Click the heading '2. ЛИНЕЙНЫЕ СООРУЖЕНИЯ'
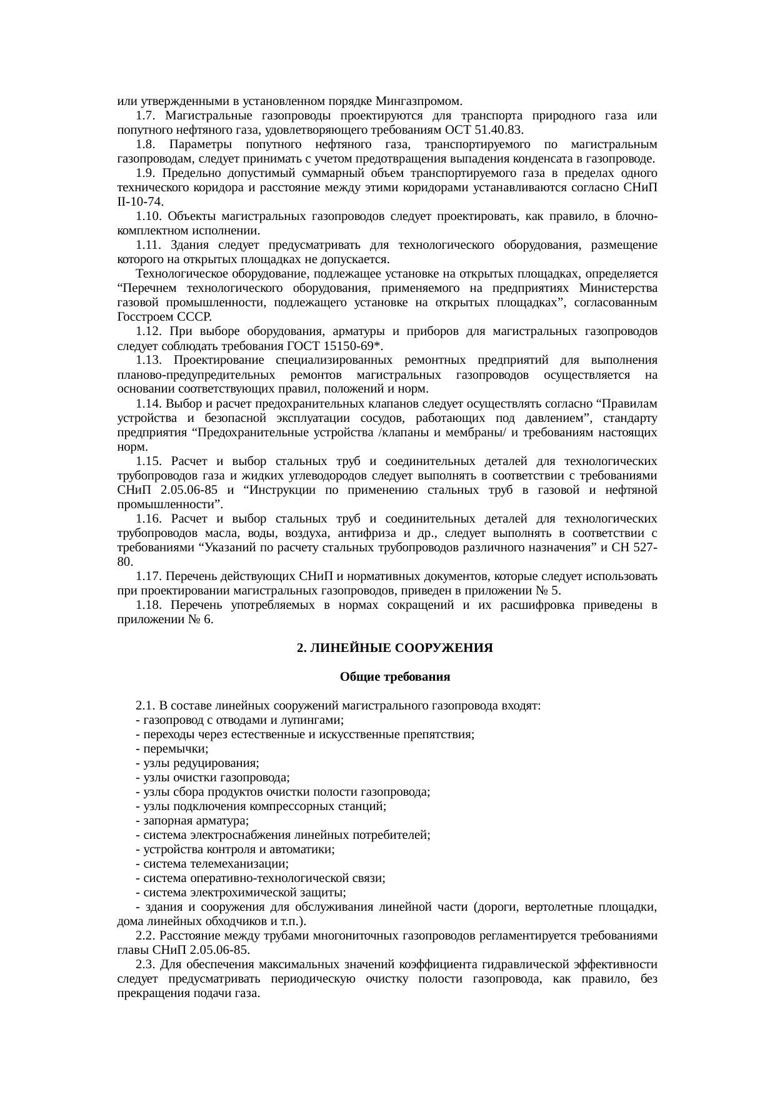[394, 648]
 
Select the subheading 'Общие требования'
[394, 677]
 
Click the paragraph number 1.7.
[144, 116]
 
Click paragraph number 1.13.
[148, 360]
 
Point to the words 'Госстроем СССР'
[164, 317]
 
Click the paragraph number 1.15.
[148, 461]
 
